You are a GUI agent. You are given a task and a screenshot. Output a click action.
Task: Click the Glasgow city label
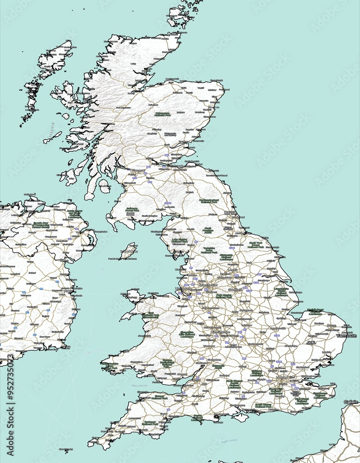138,170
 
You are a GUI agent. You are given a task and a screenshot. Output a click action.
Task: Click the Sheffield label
235,289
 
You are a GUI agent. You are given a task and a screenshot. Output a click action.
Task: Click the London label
282,377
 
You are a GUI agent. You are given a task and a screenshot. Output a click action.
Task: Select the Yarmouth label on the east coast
347,336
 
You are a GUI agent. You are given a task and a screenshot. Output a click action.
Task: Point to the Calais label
351,402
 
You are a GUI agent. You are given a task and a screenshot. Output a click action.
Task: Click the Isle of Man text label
129,251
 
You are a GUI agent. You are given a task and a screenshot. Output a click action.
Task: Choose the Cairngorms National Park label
162,113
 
